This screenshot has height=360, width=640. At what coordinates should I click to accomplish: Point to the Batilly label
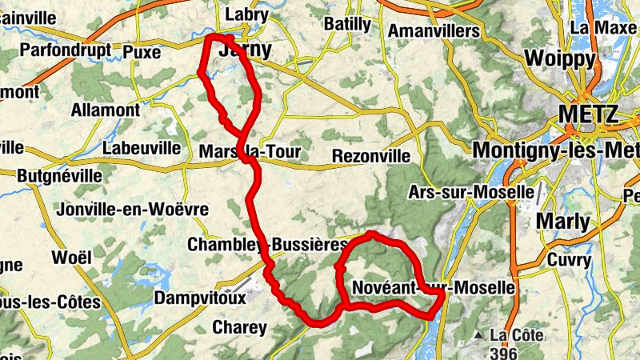point(347,24)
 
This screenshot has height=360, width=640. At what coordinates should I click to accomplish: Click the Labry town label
point(246,14)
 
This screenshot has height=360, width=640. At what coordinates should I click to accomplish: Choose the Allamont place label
point(106,110)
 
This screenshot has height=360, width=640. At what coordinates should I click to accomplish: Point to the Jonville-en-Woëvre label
point(133,209)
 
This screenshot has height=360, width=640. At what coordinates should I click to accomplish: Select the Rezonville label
point(370,155)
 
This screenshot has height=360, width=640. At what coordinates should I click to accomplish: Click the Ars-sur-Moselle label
point(470,193)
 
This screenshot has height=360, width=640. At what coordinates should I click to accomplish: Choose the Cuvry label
point(570,259)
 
